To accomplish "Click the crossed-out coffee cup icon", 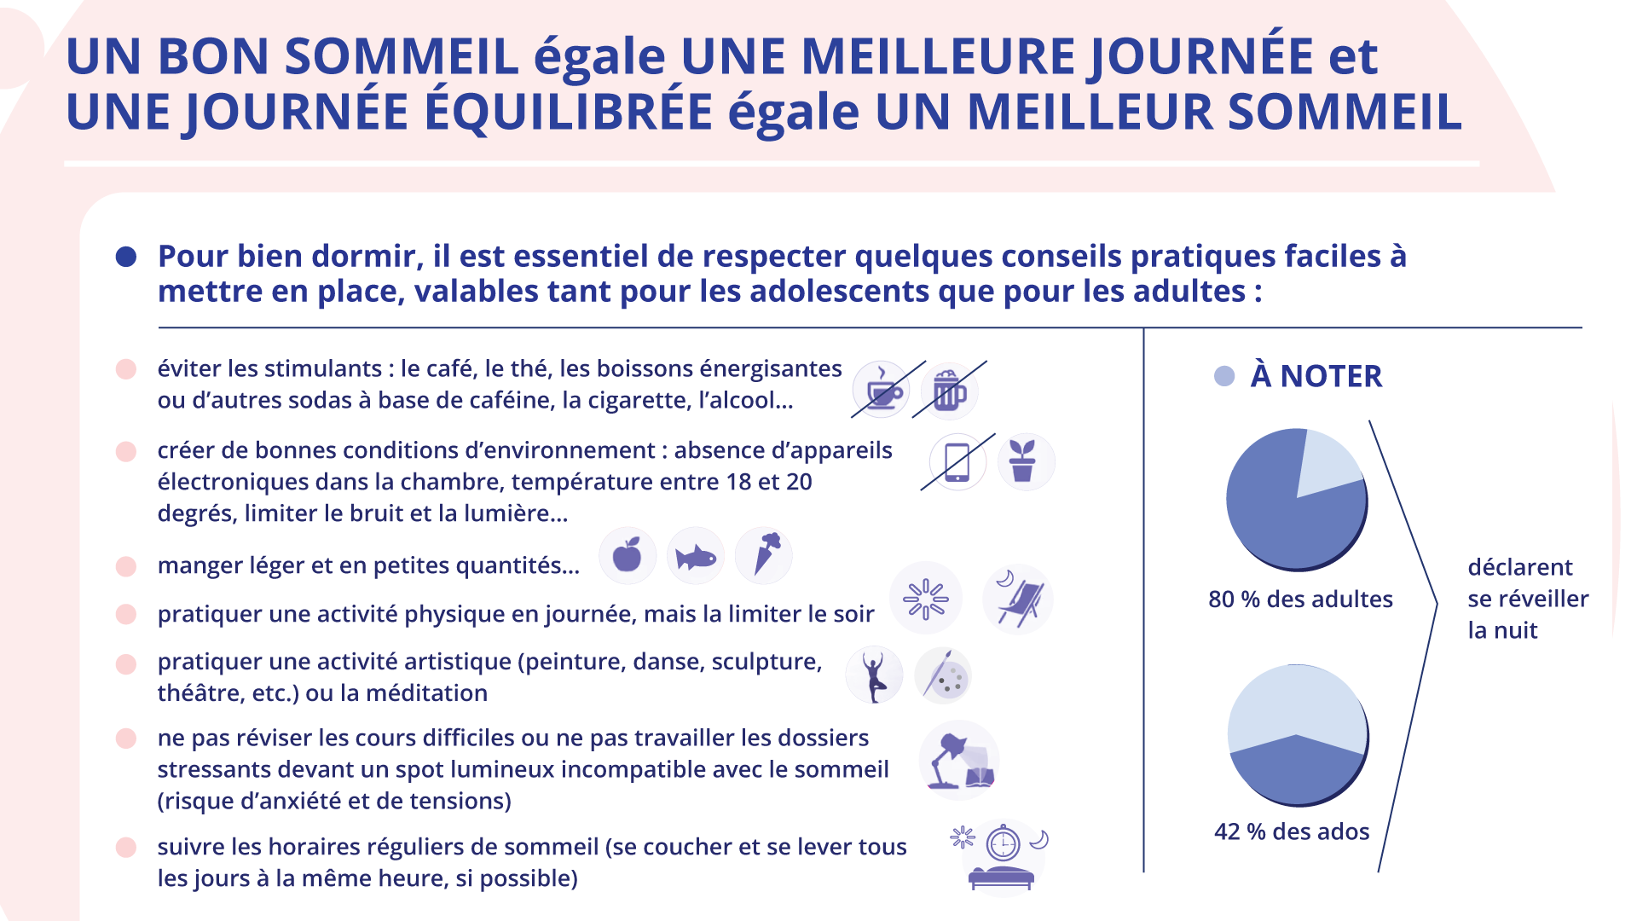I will [882, 390].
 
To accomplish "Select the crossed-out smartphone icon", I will [957, 462].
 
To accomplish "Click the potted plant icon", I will [1026, 461].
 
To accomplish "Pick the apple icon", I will [628, 556].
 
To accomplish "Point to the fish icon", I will [696, 557].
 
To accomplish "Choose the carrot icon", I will [765, 555].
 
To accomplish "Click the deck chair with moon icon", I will [1018, 599].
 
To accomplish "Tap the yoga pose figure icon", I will [874, 675].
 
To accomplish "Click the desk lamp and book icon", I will [960, 761].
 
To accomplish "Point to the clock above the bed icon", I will [1004, 844].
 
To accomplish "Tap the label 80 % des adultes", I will [1300, 600].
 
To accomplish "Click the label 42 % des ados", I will [1292, 831].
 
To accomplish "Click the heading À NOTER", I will [1316, 376].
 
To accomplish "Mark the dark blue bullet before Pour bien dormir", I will [126, 257].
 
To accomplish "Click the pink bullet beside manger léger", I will [126, 566].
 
